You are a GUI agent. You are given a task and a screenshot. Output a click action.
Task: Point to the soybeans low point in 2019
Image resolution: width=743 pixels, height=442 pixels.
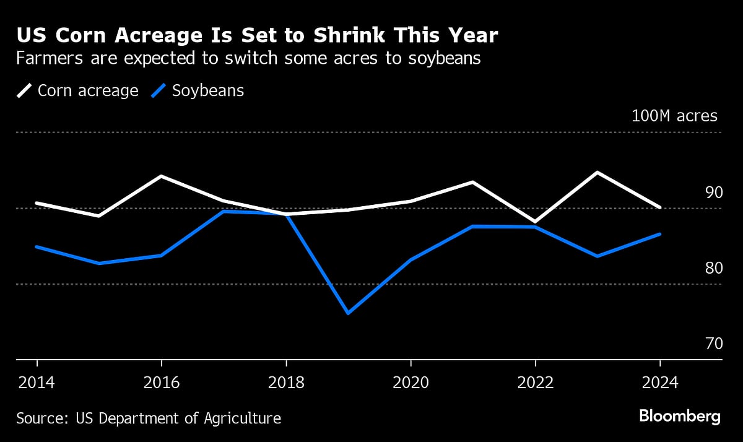pos(348,313)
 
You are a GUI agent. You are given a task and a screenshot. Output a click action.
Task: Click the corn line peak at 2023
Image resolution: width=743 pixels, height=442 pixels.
pos(597,172)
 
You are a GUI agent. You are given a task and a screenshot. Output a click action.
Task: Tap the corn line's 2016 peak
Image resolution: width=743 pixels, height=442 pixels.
pos(162,176)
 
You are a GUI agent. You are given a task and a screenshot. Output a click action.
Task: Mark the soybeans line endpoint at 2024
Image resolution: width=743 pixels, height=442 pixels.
pos(660,234)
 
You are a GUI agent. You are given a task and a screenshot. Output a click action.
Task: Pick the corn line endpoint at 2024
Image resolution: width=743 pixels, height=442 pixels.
pos(660,207)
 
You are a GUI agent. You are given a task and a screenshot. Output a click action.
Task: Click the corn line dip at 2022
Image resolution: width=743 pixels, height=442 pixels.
pos(534,222)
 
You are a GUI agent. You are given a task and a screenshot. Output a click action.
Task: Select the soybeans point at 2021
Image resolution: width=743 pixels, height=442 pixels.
pos(472,227)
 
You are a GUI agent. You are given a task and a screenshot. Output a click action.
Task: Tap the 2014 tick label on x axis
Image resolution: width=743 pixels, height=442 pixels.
pos(37,383)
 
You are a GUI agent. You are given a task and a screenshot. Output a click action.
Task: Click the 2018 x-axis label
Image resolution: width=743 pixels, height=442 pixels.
pos(286,383)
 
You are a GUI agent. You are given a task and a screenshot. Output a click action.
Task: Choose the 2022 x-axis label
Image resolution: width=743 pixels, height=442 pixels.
pos(535,383)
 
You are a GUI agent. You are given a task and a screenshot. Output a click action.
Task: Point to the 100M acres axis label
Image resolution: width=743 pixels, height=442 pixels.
pos(674,116)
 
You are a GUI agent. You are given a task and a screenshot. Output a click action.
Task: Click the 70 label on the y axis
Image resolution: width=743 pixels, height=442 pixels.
pos(713,344)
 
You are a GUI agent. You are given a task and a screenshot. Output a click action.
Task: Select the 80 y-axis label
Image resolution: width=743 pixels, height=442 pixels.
pos(713,268)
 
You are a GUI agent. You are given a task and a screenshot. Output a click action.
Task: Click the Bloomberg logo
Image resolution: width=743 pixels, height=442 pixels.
pos(679,416)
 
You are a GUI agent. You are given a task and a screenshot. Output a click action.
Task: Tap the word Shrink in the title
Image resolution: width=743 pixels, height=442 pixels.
pos(350,36)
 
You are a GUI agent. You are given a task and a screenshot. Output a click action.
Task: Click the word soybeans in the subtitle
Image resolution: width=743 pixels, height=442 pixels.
pos(443,59)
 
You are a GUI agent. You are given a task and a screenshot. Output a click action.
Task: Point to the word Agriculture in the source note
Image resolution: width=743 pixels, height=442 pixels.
pos(243,418)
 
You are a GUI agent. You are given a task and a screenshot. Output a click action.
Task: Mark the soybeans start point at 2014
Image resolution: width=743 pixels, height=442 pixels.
pos(37,246)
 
